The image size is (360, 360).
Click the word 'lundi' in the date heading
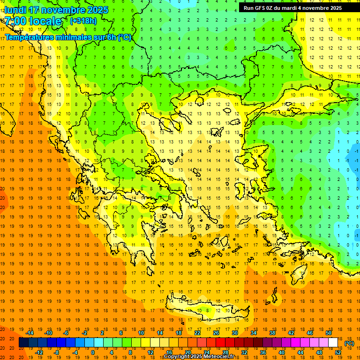[15, 10]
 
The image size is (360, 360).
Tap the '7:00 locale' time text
[33, 21]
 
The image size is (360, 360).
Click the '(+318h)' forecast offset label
[83, 21]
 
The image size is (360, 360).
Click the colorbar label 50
[328, 333]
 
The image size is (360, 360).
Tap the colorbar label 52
[337, 352]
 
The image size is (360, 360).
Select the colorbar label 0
[93, 352]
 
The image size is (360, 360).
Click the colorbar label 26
[216, 333]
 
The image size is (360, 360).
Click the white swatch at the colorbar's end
[333, 343]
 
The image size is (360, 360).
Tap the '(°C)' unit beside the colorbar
[349, 343]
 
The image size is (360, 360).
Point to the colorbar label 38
[272, 333]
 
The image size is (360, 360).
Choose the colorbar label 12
[150, 352]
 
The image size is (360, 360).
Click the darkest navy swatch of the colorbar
[23, 343]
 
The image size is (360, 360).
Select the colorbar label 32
[244, 352]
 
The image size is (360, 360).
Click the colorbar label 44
[300, 352]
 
